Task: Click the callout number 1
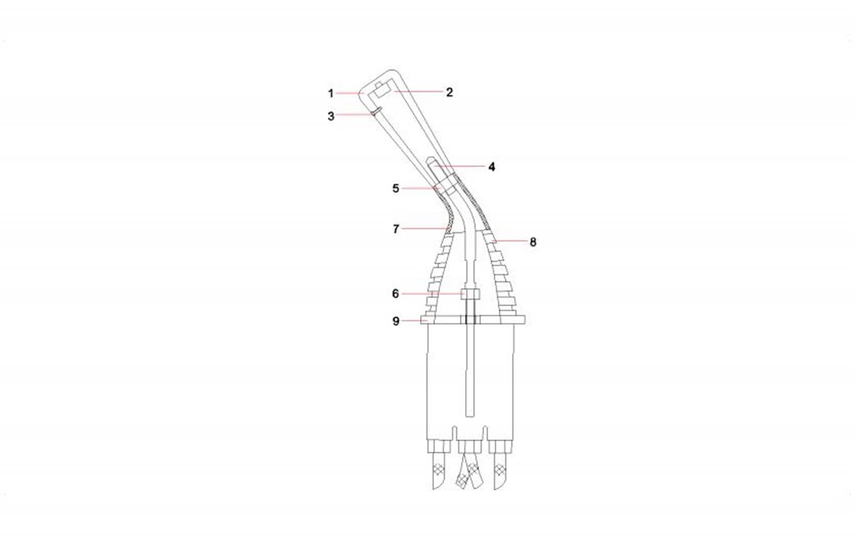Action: (330, 93)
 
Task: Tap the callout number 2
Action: (450, 92)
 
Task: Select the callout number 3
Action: (331, 116)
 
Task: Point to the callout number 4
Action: (492, 166)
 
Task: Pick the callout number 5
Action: (396, 188)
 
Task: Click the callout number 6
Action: (396, 294)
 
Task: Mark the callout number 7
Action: (396, 229)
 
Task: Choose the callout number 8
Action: (533, 241)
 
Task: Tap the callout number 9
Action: (396, 322)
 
